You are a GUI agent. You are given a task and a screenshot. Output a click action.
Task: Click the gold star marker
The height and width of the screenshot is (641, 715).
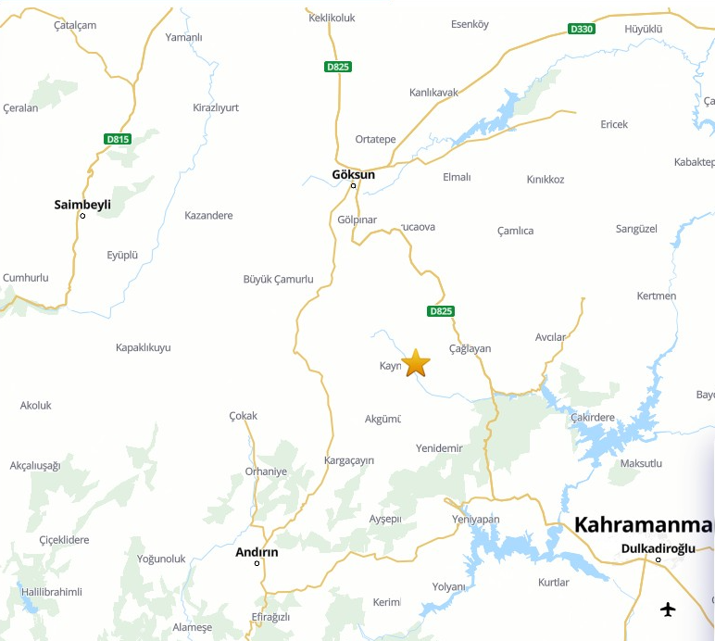(x=416, y=363)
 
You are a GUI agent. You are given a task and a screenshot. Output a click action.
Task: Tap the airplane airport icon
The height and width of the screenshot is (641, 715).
(x=668, y=609)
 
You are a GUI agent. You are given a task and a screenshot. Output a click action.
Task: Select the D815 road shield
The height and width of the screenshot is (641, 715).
(x=118, y=139)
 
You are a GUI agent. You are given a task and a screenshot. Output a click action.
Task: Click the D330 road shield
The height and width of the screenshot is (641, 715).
(x=581, y=29)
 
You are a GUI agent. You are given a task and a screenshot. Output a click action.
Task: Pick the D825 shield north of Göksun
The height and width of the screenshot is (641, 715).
(x=337, y=66)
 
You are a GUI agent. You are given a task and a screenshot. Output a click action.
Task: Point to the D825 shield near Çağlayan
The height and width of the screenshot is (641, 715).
(x=442, y=310)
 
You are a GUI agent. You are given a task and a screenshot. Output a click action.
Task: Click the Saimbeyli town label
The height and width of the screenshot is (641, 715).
(x=82, y=204)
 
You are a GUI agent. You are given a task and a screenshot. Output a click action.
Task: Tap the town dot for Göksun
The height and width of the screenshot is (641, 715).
(x=353, y=186)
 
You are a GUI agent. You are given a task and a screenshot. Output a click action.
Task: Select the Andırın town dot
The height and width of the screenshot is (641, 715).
(x=257, y=563)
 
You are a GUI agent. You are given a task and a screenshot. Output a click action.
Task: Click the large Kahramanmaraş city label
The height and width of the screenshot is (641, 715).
(x=644, y=525)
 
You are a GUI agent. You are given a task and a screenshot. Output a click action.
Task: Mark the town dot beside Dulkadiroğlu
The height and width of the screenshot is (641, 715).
(x=659, y=560)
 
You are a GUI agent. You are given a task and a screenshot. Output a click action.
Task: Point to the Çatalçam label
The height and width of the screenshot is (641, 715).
(x=75, y=25)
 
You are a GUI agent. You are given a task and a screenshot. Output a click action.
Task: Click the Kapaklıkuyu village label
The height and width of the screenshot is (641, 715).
(x=143, y=347)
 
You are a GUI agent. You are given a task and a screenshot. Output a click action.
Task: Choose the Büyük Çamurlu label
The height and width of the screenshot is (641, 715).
(x=278, y=279)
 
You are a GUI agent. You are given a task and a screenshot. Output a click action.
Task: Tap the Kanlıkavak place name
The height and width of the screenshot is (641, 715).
(x=433, y=93)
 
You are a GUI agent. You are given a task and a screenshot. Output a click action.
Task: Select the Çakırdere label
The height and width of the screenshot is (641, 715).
(x=593, y=417)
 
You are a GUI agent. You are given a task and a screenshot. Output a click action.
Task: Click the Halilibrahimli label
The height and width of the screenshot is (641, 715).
(x=51, y=592)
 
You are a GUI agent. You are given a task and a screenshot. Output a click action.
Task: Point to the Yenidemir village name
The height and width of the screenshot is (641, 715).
(x=439, y=448)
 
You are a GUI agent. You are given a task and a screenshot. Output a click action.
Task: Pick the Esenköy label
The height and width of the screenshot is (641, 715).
(x=469, y=24)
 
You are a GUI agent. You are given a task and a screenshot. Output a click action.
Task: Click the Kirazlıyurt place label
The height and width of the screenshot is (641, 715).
(x=215, y=107)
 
